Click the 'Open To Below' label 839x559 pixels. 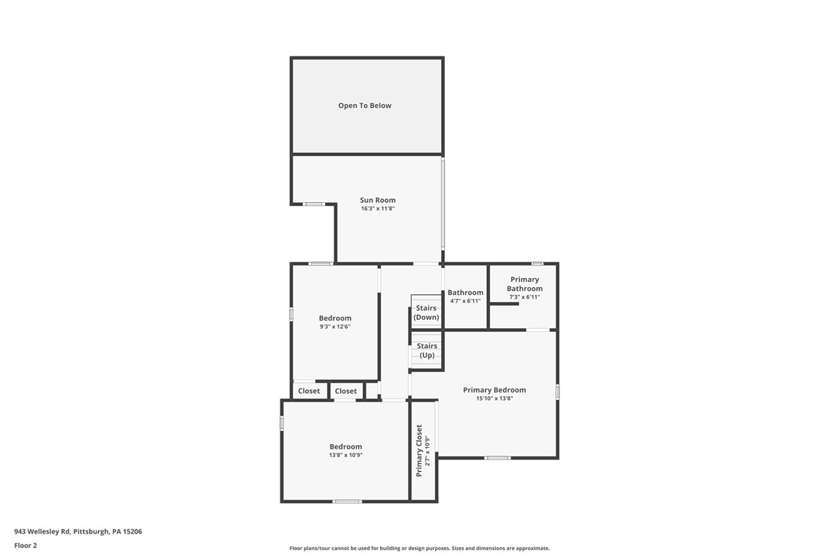[x=365, y=106]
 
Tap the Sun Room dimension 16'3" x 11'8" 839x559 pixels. [x=378, y=208]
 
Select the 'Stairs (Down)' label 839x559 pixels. [x=426, y=313]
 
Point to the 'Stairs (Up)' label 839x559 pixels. [x=426, y=351]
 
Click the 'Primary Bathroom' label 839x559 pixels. [x=525, y=284]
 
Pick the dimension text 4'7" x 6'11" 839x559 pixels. [x=465, y=301]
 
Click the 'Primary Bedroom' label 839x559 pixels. [x=494, y=390]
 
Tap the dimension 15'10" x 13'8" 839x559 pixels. [x=494, y=398]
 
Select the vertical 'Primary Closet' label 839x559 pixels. [x=419, y=451]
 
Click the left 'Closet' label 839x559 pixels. [x=309, y=391]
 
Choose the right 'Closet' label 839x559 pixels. [x=346, y=391]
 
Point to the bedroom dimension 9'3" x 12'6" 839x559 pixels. [x=335, y=327]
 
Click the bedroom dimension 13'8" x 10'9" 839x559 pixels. [x=345, y=456]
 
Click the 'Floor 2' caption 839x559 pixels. [x=25, y=545]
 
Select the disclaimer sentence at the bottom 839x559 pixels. [x=419, y=548]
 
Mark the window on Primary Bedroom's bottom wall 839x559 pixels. [x=497, y=458]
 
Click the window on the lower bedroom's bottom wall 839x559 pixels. [x=347, y=501]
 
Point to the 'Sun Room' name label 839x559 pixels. [x=378, y=200]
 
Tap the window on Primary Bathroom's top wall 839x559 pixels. [x=537, y=264]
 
